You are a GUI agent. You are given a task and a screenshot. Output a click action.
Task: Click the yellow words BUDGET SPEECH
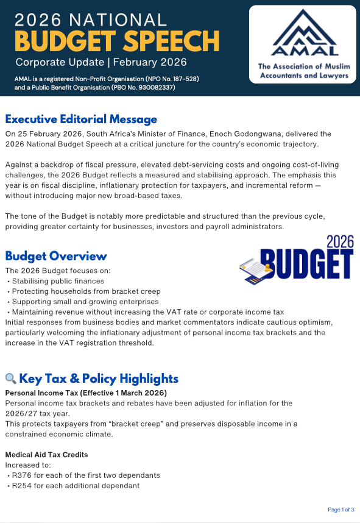tap(117, 41)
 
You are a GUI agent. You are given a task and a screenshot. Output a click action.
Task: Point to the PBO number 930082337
tap(154, 88)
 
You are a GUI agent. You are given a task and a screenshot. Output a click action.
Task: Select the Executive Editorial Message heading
tap(81, 119)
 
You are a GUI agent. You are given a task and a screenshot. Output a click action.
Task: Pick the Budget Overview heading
tap(56, 256)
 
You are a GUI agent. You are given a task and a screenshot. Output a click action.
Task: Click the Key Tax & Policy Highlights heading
tap(99, 379)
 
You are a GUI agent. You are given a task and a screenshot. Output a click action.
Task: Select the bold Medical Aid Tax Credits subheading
tap(46, 455)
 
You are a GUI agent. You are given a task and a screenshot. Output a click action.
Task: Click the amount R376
tap(22, 475)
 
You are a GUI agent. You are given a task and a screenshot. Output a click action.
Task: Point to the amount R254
tap(22, 486)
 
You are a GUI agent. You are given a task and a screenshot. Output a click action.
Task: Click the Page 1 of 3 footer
tap(341, 509)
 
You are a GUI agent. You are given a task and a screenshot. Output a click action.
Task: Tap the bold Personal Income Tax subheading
tap(86, 393)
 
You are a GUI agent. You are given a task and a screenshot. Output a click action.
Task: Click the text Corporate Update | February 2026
tap(101, 62)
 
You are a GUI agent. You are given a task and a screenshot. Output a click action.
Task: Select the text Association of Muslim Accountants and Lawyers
tap(303, 71)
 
